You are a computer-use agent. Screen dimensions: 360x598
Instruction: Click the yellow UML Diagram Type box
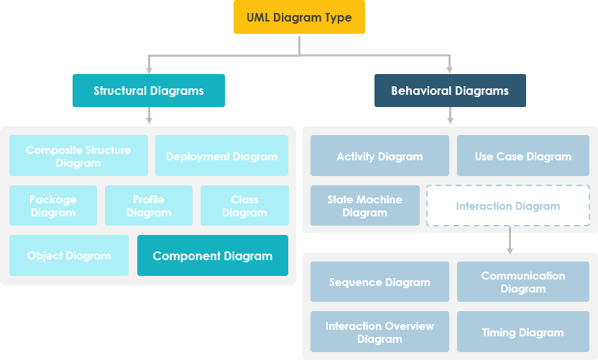(x=299, y=17)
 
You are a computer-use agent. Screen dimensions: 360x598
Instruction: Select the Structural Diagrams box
(x=149, y=91)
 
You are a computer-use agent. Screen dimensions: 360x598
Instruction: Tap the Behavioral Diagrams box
(x=450, y=91)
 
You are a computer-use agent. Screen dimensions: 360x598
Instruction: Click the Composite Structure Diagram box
(x=78, y=156)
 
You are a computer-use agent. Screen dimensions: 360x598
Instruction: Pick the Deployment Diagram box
(x=221, y=156)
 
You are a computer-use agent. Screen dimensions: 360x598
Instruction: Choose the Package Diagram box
(x=53, y=206)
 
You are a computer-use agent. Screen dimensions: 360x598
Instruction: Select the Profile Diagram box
(x=149, y=206)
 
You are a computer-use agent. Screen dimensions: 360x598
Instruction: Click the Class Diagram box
(x=244, y=206)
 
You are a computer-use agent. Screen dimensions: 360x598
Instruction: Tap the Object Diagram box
(x=69, y=255)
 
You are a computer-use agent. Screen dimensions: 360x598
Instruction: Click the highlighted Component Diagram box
(x=213, y=255)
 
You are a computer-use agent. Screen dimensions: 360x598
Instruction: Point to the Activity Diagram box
(x=379, y=156)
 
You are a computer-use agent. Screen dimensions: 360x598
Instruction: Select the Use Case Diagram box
(x=523, y=156)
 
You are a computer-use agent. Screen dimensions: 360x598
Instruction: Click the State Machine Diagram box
(x=365, y=206)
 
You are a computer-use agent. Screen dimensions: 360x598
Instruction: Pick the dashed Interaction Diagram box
(x=508, y=206)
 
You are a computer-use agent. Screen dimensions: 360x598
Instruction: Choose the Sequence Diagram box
(x=379, y=282)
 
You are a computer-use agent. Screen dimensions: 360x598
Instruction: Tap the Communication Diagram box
(x=523, y=282)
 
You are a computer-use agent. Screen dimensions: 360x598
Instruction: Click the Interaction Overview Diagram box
(x=379, y=331)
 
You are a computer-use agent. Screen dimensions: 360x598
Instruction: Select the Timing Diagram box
(x=523, y=331)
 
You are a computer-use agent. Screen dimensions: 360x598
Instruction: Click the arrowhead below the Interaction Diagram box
(x=510, y=249)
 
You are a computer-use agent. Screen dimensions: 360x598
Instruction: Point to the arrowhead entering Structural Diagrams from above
(x=149, y=70)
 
